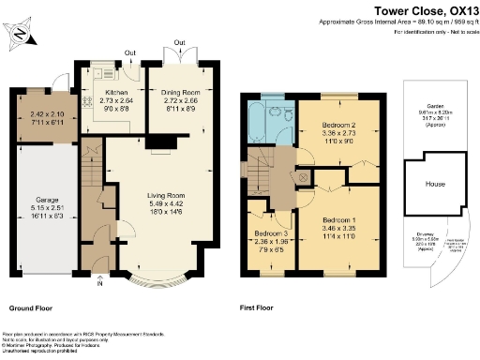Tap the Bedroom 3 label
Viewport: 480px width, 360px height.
click(x=270, y=233)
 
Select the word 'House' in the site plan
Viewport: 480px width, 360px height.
click(x=435, y=184)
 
